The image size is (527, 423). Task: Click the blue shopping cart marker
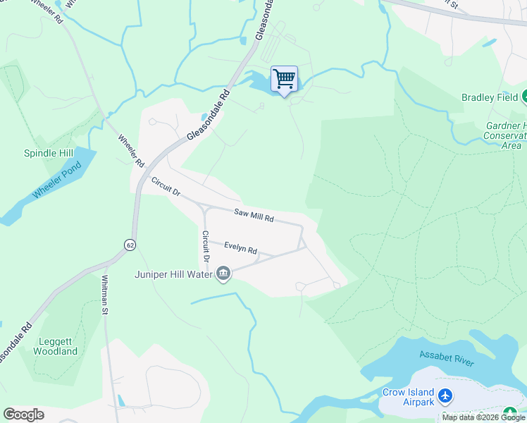[x=284, y=78]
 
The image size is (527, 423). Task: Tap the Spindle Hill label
[x=49, y=153]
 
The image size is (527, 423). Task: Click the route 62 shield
[x=130, y=245]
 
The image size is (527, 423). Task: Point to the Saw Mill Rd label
[x=254, y=215]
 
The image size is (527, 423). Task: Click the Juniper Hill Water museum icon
[x=223, y=274]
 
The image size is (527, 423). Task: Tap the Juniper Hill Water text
[x=173, y=274]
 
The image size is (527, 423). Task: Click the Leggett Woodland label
[x=55, y=346]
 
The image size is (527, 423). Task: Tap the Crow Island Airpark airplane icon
[x=445, y=396]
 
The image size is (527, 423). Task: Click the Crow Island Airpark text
[x=407, y=397]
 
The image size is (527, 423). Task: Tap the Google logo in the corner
[x=23, y=414]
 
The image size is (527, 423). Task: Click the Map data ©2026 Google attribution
[x=483, y=417]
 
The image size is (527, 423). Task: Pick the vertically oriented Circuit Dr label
[x=206, y=245]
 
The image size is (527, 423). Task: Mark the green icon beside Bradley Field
[x=524, y=97]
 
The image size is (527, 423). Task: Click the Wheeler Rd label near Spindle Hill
[x=131, y=151]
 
